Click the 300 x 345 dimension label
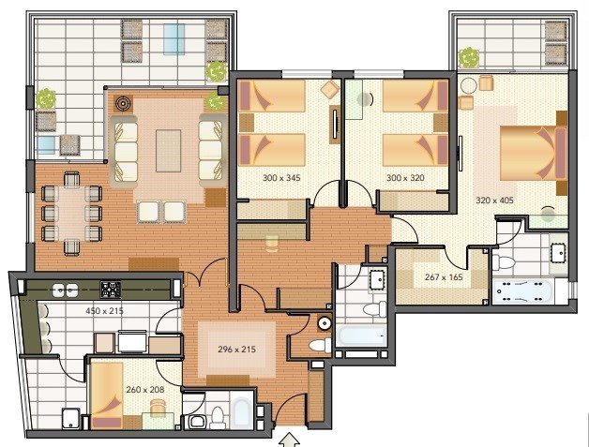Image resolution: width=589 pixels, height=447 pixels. pos(281,177)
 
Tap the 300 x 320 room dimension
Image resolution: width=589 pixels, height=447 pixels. pos(405,177)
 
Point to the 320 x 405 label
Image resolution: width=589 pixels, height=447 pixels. pos(494,200)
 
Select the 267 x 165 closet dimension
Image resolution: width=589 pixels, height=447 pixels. pos(444,277)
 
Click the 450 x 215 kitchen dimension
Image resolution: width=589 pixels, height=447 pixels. pos(104,311)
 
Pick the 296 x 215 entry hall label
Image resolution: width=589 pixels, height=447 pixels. pos(236,350)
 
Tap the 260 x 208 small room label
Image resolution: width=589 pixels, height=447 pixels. pos(145,390)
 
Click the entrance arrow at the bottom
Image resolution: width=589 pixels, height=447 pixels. pos(289,440)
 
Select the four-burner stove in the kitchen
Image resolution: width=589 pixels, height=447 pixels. pos(111,290)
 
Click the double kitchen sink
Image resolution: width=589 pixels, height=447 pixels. pos(66,291)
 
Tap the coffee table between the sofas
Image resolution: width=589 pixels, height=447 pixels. pos(168,151)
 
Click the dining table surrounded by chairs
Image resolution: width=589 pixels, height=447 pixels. pos(71,212)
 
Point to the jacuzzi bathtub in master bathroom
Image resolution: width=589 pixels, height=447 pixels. pos(522,291)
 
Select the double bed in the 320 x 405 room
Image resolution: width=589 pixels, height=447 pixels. pos(534,153)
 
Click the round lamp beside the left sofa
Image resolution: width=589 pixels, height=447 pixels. pos(123,102)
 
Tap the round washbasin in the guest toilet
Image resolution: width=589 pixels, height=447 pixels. pos(324,323)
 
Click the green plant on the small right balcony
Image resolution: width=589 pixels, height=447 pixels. pos(469,58)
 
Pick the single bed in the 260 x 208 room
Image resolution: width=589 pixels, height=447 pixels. pos(107,395)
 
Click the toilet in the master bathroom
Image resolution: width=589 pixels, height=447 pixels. pos(503,261)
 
